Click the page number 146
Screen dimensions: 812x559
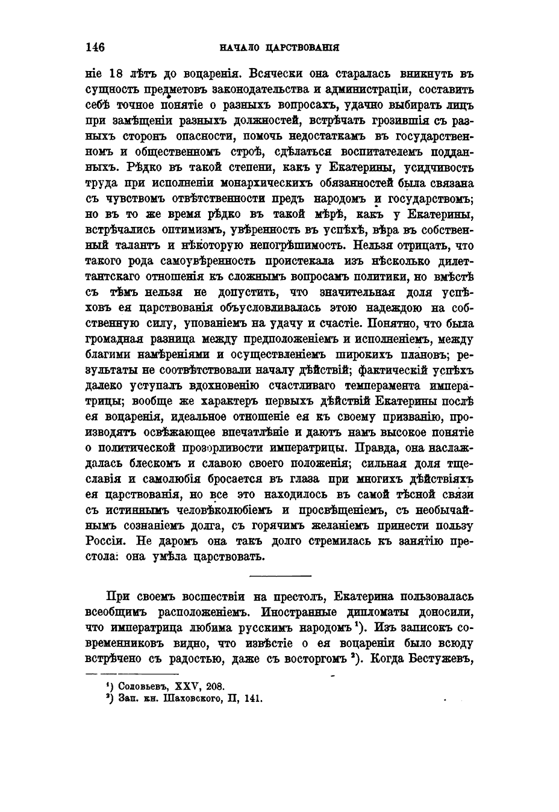tap(95, 47)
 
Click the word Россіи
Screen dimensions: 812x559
tap(105, 542)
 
